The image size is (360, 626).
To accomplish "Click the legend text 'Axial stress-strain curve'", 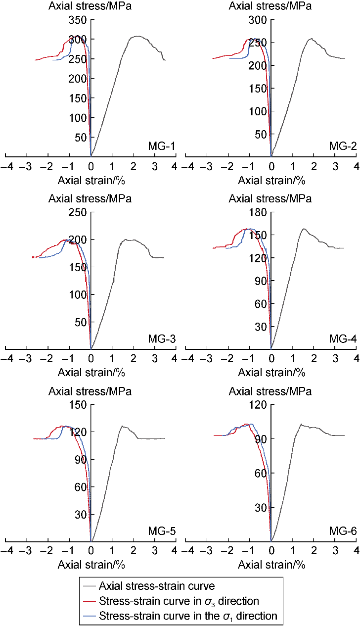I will [157, 586].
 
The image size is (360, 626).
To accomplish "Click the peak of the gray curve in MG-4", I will [304, 229].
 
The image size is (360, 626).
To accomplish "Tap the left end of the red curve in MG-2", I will [213, 58].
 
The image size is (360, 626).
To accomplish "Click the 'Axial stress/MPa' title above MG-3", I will [90, 199].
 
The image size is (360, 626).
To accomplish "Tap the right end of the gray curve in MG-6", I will [344, 435].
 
